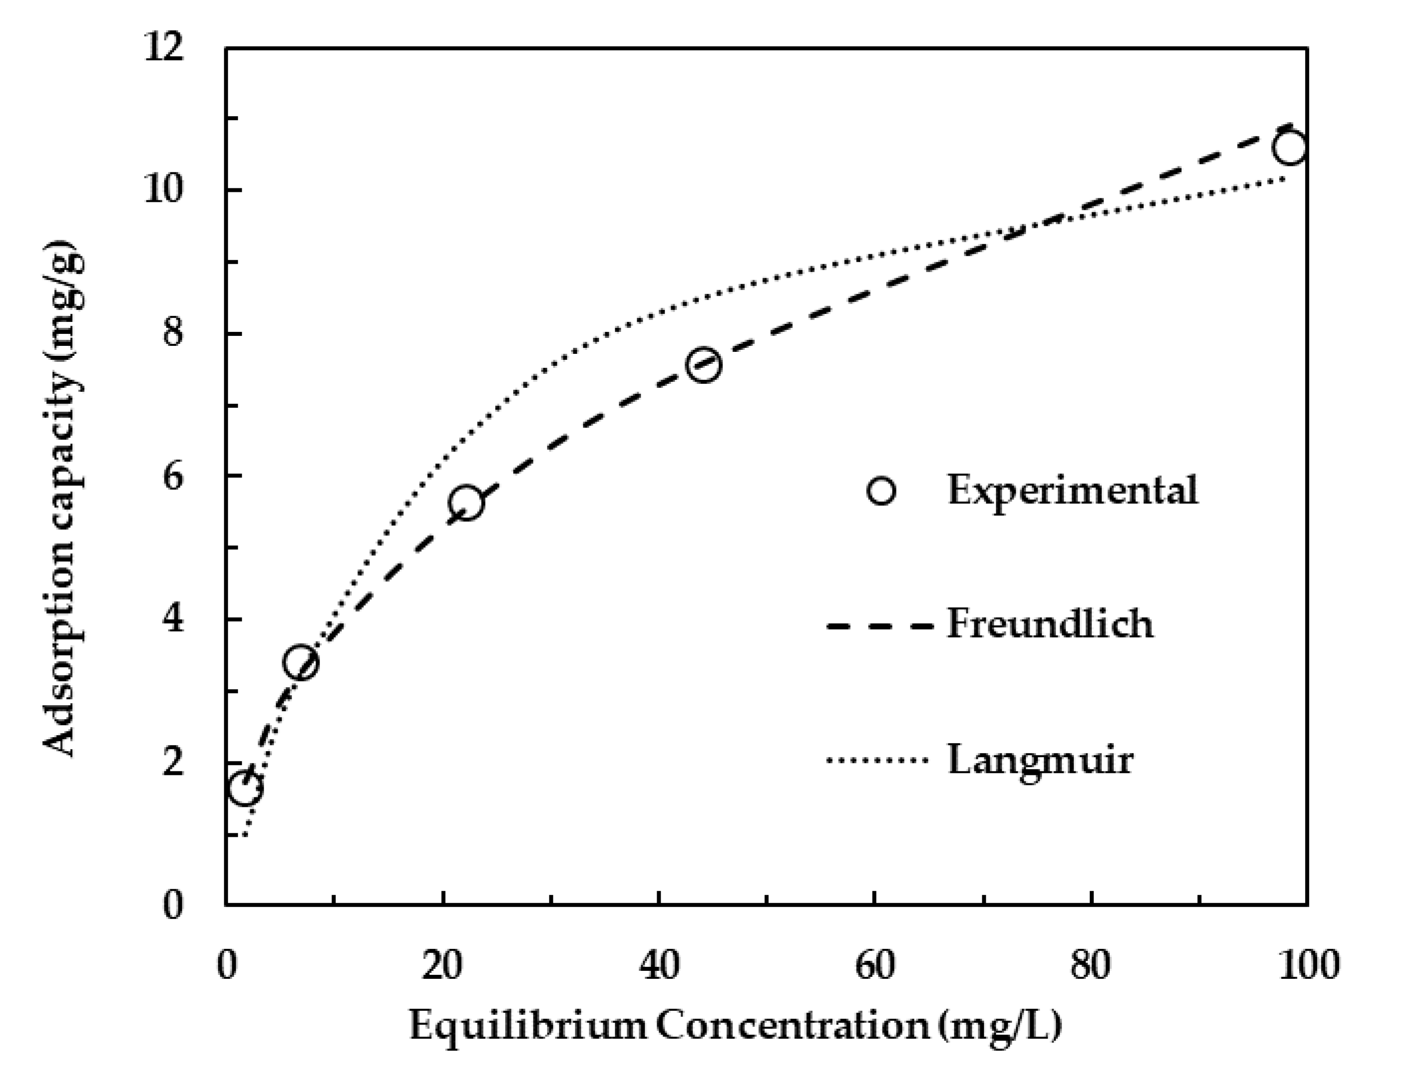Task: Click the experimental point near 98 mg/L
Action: click(x=1289, y=148)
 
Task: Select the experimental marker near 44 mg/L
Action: click(x=704, y=365)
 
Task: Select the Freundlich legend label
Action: click(x=1050, y=624)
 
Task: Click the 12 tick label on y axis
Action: click(x=164, y=48)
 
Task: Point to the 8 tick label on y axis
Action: click(x=172, y=334)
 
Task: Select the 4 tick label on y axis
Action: click(x=172, y=620)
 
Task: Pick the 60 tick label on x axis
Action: click(x=874, y=965)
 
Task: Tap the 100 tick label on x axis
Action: click(x=1306, y=965)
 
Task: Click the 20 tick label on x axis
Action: click(x=443, y=965)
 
